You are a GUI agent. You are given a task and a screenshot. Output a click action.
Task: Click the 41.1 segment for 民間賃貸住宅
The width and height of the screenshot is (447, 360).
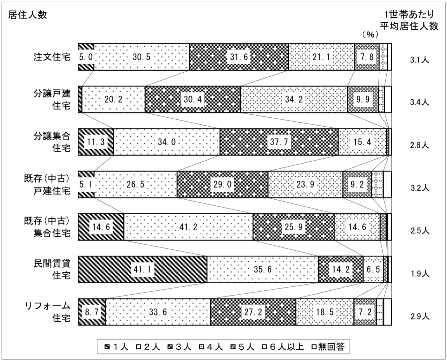pyautogui.click(x=142, y=269)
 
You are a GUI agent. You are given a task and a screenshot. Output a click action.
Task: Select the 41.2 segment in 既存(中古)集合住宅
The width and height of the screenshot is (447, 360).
pyautogui.click(x=188, y=227)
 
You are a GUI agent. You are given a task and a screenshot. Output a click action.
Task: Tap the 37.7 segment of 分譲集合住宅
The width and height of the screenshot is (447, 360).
pyautogui.click(x=279, y=142)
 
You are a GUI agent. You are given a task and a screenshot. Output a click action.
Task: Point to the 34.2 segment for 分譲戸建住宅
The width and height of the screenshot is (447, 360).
pyautogui.click(x=294, y=99)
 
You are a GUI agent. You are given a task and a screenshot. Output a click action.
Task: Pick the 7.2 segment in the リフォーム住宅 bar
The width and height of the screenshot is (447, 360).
pyautogui.click(x=365, y=312)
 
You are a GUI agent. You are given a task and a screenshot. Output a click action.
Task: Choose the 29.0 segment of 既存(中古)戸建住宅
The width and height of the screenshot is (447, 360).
pyautogui.click(x=222, y=184)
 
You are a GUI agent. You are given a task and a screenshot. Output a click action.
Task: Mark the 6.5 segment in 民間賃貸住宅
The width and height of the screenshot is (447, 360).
pyautogui.click(x=373, y=269)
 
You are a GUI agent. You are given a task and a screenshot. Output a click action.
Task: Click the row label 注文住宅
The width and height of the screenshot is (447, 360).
pyautogui.click(x=52, y=57)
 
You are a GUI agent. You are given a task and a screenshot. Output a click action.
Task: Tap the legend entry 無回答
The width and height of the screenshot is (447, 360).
pyautogui.click(x=328, y=347)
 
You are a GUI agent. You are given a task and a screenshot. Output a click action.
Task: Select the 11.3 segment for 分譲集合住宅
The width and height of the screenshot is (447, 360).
pyautogui.click(x=96, y=142)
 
